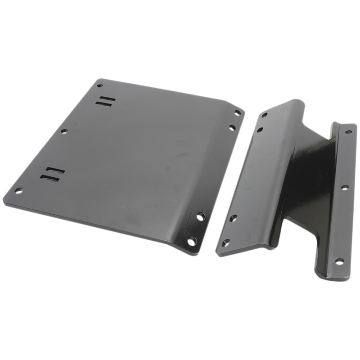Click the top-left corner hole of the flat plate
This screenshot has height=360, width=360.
pyautogui.click(x=100, y=85)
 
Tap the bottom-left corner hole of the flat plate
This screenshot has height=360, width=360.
pyautogui.click(x=18, y=190)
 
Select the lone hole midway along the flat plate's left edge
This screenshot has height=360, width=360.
pyautogui.click(x=64, y=131)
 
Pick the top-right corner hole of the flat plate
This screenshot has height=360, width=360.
pyautogui.click(x=237, y=112)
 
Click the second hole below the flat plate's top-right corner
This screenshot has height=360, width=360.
pyautogui.click(x=232, y=128)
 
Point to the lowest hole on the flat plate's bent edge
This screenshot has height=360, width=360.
pyautogui.click(x=192, y=241)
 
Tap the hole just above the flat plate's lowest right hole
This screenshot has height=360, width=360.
pyautogui.click(x=200, y=216)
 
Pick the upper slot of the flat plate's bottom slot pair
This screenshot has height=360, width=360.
pyautogui.click(x=55, y=171)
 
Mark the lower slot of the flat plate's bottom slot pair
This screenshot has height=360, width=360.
pyautogui.click(x=50, y=178)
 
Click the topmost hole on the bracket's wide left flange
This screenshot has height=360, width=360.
pyautogui.click(x=265, y=115)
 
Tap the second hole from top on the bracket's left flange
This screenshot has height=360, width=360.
pyautogui.click(x=260, y=130)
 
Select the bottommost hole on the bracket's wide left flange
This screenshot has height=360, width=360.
pyautogui.click(x=225, y=243)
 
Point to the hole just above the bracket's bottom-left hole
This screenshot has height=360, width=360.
pyautogui.click(x=233, y=218)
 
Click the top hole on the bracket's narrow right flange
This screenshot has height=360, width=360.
pyautogui.click(x=348, y=132)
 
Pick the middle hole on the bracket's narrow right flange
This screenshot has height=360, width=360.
pyautogui.click(x=344, y=187)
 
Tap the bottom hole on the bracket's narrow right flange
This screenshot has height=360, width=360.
pyautogui.click(x=339, y=261)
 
